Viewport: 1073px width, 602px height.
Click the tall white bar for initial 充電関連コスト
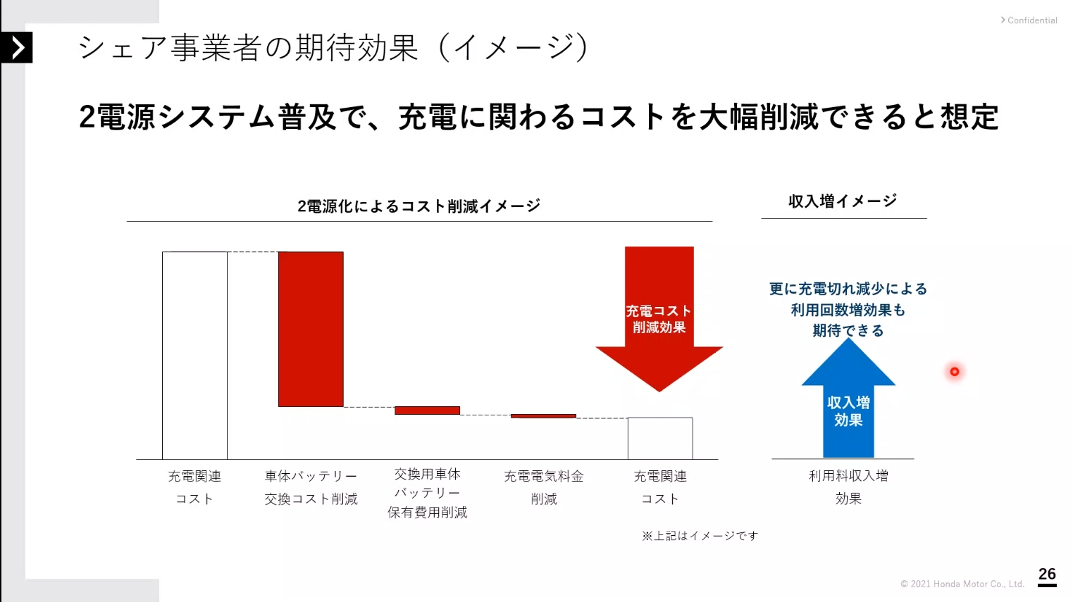[x=194, y=355]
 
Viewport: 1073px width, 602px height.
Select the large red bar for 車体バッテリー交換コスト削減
[x=311, y=329]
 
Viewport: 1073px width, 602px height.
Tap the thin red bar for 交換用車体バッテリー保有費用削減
[x=427, y=410]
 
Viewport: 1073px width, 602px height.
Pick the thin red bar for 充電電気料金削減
[x=543, y=416]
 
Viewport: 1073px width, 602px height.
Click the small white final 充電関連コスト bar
[x=660, y=438]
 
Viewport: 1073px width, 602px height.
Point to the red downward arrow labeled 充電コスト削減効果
[x=659, y=317]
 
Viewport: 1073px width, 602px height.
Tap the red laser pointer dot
[x=955, y=372]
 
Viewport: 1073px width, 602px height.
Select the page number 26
[x=1047, y=575]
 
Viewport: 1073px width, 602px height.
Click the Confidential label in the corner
[x=1031, y=20]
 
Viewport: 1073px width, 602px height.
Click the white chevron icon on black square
[x=17, y=48]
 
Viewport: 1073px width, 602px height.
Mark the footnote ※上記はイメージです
[x=700, y=536]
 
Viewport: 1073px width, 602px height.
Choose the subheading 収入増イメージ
[x=843, y=201]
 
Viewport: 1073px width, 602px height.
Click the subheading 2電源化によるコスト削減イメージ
[x=418, y=206]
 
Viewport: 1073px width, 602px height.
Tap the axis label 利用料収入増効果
[x=848, y=487]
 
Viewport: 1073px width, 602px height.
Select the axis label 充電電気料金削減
[x=543, y=487]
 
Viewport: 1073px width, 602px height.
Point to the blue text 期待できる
[x=848, y=330]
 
